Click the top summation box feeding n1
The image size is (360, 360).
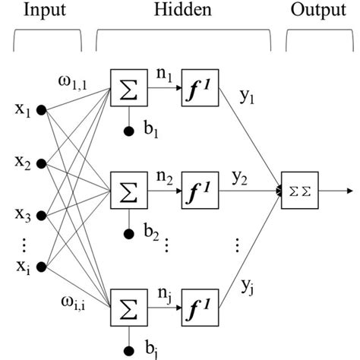coord(127,89)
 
